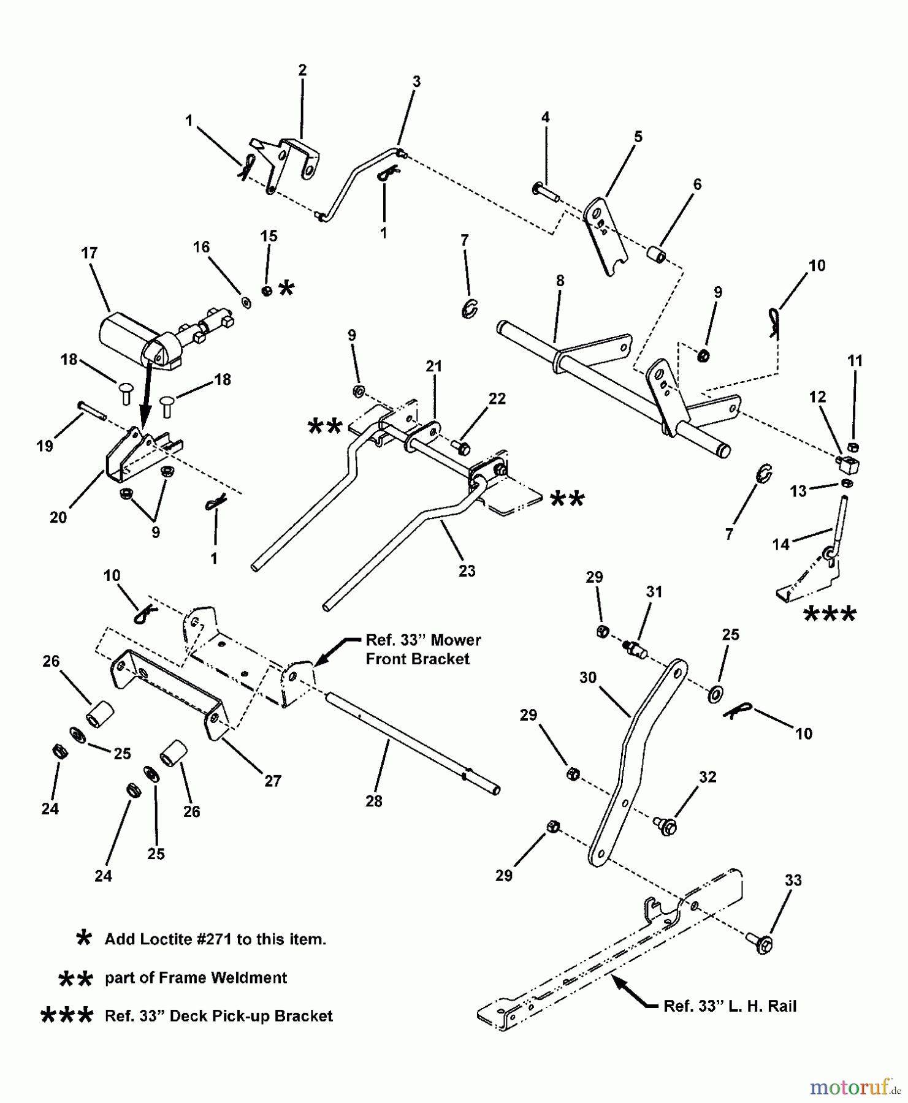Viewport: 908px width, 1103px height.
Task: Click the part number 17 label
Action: tap(90, 252)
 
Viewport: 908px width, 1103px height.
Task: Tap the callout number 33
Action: tap(793, 881)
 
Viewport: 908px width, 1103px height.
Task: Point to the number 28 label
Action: tap(373, 801)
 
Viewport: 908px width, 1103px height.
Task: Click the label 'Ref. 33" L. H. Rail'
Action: tap(730, 1006)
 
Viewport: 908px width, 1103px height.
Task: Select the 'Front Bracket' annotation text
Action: tap(418, 659)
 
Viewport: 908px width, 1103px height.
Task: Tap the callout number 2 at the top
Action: tap(302, 70)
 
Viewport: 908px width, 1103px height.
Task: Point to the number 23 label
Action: tap(467, 570)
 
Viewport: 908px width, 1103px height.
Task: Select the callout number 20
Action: tap(58, 517)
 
